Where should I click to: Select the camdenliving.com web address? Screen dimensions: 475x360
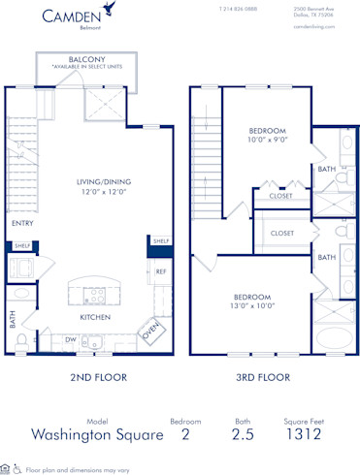314,27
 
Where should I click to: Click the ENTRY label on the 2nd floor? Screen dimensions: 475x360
21,223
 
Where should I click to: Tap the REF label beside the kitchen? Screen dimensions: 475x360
161,271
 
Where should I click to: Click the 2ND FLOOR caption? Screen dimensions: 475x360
93,377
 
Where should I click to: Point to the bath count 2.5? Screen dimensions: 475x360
243,435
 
